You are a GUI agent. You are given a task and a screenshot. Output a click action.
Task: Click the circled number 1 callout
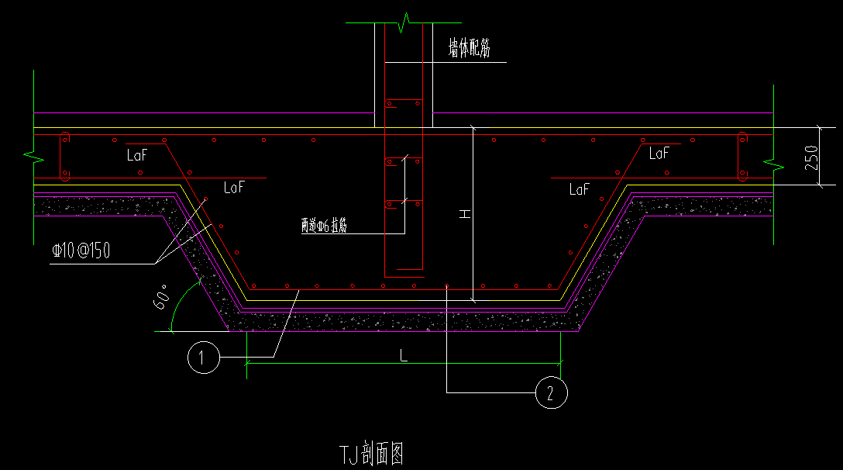[203, 357]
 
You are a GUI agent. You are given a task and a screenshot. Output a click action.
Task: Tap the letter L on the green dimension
[403, 355]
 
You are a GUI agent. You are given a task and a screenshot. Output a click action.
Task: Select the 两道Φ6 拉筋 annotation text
[324, 226]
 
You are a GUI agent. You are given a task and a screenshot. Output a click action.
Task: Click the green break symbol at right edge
[772, 163]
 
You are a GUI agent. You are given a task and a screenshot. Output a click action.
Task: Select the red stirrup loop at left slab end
[65, 157]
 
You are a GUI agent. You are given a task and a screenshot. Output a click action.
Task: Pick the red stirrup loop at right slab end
[742, 157]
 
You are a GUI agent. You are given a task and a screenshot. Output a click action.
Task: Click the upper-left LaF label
[137, 155]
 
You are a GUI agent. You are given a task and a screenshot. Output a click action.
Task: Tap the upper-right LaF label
[659, 154]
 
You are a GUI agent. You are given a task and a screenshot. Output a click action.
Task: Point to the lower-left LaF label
[234, 187]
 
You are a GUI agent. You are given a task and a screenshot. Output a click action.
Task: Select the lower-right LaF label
[580, 188]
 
